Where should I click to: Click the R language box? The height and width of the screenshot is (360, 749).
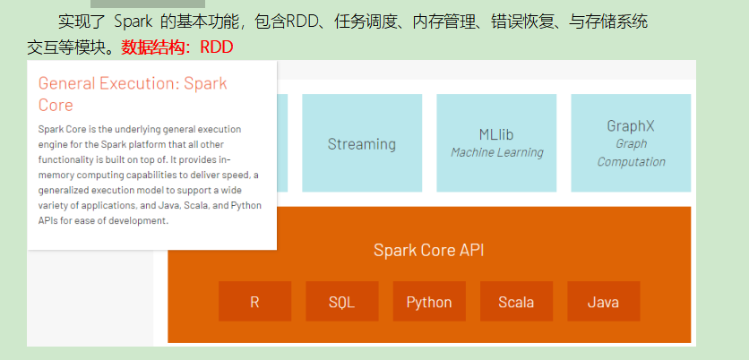click(x=254, y=302)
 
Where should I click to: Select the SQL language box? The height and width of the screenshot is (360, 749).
click(x=341, y=302)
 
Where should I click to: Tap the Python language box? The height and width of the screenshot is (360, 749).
click(x=429, y=302)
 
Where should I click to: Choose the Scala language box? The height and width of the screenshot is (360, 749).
click(x=516, y=302)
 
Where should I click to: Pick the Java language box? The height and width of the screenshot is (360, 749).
click(x=603, y=302)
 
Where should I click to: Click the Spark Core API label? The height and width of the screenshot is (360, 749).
click(x=429, y=250)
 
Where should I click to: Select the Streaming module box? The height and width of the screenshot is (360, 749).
click(x=361, y=143)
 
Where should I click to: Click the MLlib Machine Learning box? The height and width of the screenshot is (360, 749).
click(x=496, y=143)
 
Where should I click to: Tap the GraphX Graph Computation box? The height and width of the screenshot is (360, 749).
click(x=631, y=143)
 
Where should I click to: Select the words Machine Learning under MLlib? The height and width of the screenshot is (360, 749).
click(x=496, y=153)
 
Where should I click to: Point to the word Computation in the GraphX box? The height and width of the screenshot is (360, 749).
click(x=631, y=162)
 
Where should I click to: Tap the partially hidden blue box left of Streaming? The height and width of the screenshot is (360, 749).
click(x=282, y=143)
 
